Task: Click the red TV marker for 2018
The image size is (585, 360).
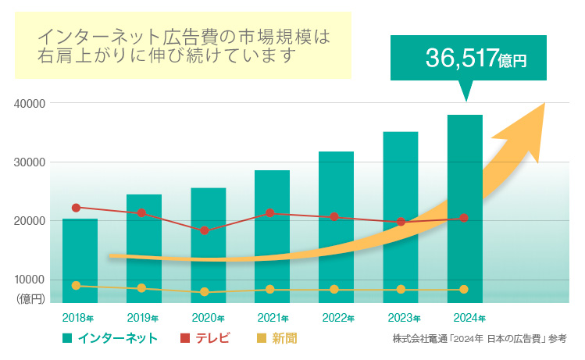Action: point(76,208)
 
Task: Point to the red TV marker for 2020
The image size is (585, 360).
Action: point(205,230)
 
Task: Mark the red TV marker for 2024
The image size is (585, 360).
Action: point(464,218)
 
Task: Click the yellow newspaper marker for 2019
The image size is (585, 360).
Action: point(141,288)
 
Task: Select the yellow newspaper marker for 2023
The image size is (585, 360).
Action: point(401,290)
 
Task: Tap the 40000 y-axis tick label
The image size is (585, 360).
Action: point(30,104)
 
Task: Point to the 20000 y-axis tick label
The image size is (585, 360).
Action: point(30,221)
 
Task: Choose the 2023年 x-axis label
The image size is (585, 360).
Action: point(404,319)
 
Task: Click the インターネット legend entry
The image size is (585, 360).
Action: point(110,338)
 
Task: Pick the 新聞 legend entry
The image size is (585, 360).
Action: point(276,338)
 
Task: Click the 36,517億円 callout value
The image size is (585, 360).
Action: point(476,58)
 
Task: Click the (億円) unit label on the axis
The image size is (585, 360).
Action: point(30,298)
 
